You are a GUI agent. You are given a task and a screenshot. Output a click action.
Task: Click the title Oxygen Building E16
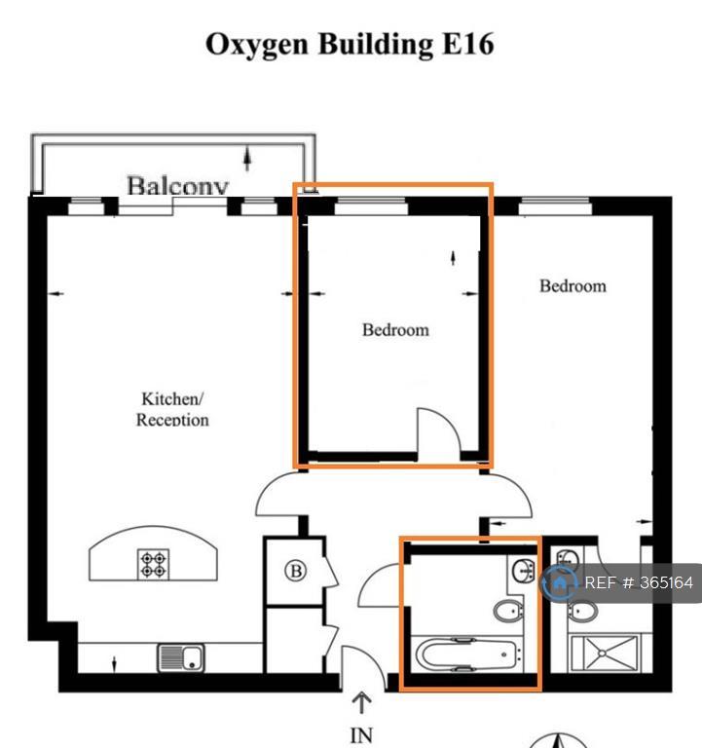point(350,45)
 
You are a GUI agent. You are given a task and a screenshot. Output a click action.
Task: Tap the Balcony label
point(178,185)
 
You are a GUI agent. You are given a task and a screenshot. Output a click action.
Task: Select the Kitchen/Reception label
point(172,409)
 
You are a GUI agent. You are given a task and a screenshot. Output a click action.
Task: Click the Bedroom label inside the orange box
point(395,329)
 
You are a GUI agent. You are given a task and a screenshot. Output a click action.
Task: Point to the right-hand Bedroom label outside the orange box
point(573,285)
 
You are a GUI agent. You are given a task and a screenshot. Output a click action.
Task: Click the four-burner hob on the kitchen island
point(153,564)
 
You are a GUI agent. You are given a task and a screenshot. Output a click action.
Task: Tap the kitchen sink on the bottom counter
point(181,657)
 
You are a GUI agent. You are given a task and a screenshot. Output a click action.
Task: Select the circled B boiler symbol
point(296,571)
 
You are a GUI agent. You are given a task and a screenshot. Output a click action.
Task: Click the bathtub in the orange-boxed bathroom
point(466,654)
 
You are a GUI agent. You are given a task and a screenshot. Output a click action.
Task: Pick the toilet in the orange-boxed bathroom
point(507,611)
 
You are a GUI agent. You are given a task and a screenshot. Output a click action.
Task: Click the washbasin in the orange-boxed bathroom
point(523,571)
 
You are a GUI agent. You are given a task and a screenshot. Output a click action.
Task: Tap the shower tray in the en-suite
point(605,654)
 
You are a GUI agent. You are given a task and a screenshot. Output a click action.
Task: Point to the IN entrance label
point(361,735)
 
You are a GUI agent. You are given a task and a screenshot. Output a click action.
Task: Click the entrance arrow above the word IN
point(361,702)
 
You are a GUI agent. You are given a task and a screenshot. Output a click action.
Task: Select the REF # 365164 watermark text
point(639,582)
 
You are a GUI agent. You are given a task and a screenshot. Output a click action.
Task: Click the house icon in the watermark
point(559,582)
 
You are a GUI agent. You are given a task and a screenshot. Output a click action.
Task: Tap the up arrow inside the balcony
point(247,159)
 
